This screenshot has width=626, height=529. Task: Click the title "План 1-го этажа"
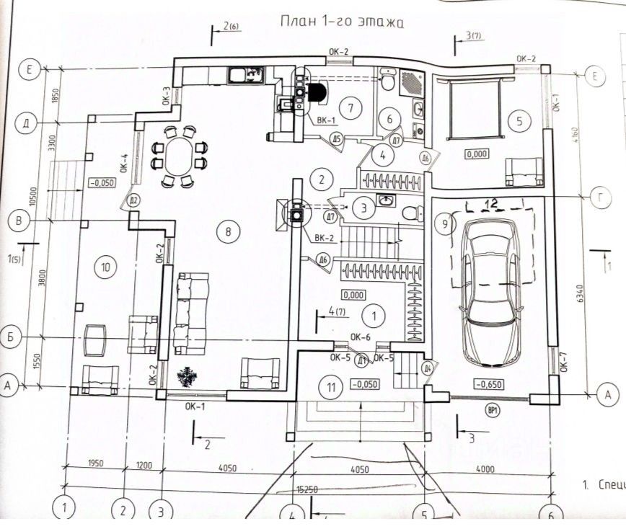[x=342, y=22]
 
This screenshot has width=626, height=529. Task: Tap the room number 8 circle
[x=228, y=231]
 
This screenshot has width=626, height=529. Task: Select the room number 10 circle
[x=105, y=267]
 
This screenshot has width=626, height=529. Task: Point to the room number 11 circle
[x=331, y=387]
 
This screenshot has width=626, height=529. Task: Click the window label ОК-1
[x=195, y=406]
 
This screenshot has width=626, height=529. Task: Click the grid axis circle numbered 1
[x=64, y=509]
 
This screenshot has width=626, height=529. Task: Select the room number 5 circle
[x=519, y=120]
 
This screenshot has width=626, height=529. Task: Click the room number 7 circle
[x=351, y=109]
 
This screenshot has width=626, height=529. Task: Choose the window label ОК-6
[x=360, y=336]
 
